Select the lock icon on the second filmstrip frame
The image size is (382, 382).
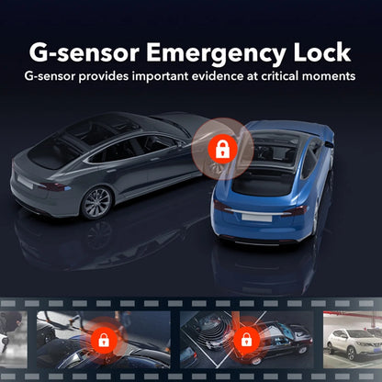coord(245,339)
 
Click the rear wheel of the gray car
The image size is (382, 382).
coord(95,202)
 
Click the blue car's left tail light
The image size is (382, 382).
coord(225,208)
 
